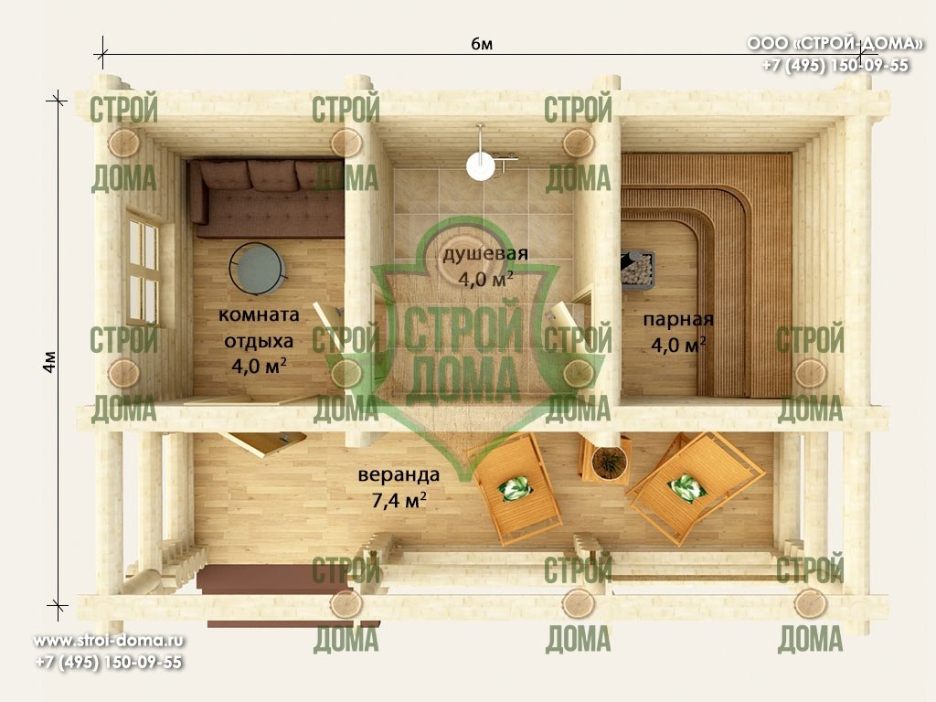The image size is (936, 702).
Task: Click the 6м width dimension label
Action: (481, 44)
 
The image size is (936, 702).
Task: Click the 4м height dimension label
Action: (50, 362)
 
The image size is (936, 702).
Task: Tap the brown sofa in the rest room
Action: (267, 198)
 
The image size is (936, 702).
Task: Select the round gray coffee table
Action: (258, 269)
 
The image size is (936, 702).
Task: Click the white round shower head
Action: (481, 165)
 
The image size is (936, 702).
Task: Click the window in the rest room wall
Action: (144, 270)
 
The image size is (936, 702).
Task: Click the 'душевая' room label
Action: (485, 254)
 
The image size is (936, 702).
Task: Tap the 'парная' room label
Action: (678, 319)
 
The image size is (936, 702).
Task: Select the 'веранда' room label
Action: (399, 474)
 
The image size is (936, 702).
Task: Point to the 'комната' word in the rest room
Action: (259, 314)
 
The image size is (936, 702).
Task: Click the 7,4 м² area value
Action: (399, 500)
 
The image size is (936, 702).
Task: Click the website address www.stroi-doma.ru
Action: (109, 641)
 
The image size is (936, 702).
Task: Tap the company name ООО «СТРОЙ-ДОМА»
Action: (835, 44)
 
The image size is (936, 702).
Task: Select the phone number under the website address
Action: (109, 662)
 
